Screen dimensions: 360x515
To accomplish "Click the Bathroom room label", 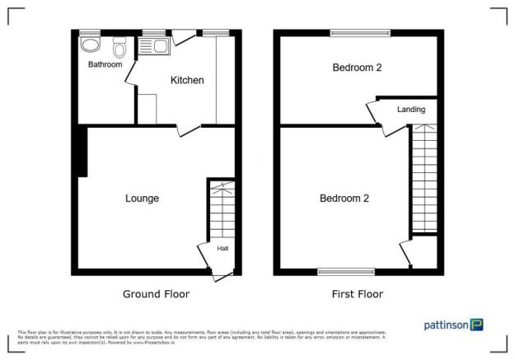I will click(x=105, y=64).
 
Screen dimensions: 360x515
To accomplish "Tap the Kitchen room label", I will click(x=187, y=80).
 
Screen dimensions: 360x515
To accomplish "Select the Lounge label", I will click(x=142, y=199).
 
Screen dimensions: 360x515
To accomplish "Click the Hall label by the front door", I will click(x=222, y=248).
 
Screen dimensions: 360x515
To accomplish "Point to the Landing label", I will click(x=411, y=109).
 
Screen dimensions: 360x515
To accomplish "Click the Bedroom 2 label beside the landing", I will click(x=357, y=68).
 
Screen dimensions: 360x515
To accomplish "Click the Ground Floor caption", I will click(x=156, y=294).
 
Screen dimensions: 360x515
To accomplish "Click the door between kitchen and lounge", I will click(x=189, y=130).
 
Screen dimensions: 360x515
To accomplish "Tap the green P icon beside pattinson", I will click(x=476, y=325).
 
